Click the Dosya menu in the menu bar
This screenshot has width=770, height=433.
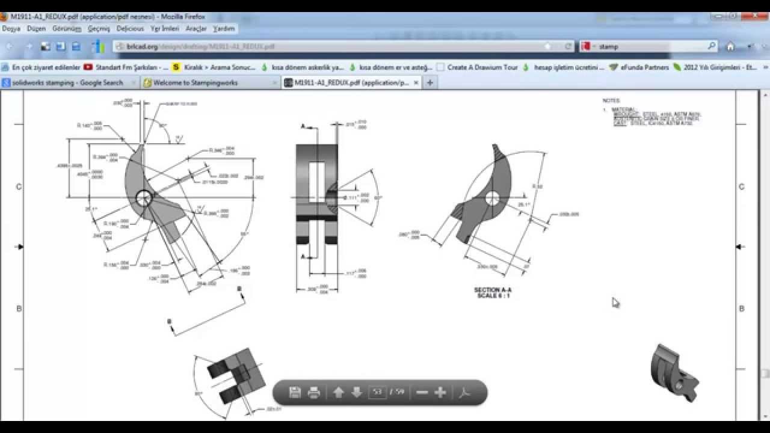click(11, 28)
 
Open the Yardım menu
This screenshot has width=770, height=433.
click(224, 28)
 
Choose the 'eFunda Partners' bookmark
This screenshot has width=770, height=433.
click(644, 67)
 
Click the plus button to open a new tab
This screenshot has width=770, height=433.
click(430, 83)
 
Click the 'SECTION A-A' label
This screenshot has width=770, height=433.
click(493, 290)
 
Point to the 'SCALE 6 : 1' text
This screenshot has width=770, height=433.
click(493, 296)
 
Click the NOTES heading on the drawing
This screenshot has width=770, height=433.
click(611, 100)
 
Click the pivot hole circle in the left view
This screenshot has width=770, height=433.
click(144, 198)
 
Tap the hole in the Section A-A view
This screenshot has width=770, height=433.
click(492, 198)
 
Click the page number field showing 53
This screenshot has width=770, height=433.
click(377, 392)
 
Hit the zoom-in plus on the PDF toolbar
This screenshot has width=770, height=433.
click(440, 392)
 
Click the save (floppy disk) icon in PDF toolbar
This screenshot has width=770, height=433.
click(295, 392)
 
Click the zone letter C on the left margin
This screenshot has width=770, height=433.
click(19, 186)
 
